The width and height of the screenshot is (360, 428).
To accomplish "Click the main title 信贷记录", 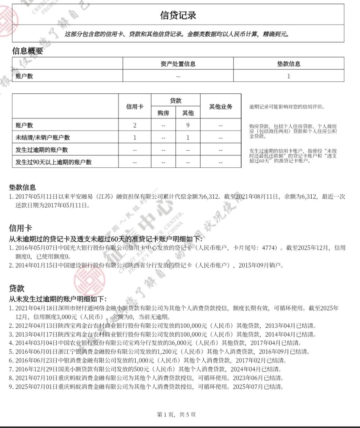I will [x=178, y=15].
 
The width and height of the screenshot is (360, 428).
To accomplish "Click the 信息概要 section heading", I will [x=27, y=51].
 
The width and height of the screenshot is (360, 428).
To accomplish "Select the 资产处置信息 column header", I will [x=178, y=64].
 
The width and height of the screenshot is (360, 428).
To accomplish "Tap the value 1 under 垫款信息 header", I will [x=288, y=76].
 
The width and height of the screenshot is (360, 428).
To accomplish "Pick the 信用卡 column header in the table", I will [x=135, y=107].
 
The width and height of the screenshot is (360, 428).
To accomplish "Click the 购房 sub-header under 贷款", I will [x=163, y=113].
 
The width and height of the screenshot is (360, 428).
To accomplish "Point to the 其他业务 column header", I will [x=220, y=107].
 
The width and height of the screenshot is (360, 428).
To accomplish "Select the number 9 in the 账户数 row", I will [x=188, y=125].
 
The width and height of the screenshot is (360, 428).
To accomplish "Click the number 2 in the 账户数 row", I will [x=135, y=125].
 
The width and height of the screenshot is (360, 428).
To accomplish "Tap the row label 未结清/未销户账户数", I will [x=42, y=138].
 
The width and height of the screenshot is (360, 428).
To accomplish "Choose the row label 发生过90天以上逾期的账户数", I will [x=53, y=162].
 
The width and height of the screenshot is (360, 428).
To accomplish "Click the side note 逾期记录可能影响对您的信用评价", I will [x=287, y=107].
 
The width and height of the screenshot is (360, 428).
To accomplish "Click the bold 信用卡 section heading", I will [x=20, y=228].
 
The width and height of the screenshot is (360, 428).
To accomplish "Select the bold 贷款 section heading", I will [x=16, y=288].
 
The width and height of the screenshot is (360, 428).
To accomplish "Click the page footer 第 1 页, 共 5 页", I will [x=176, y=415].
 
